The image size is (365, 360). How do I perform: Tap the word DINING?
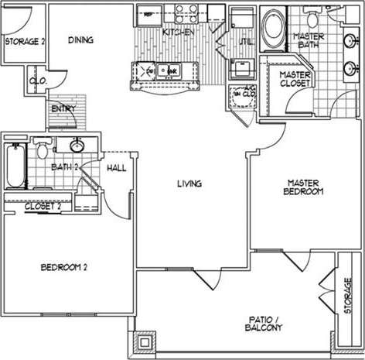click(81, 41)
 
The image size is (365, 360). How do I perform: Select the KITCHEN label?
click(178, 32)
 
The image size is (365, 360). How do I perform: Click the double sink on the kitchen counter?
click(163, 70)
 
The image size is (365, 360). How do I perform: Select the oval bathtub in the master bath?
click(273, 29)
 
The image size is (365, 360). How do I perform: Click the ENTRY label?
click(63, 108)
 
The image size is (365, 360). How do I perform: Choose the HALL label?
click(116, 167)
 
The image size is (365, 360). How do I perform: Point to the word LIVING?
click(189, 183)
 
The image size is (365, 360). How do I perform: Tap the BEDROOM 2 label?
click(63, 268)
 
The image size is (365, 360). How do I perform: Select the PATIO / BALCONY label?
click(261, 323)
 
